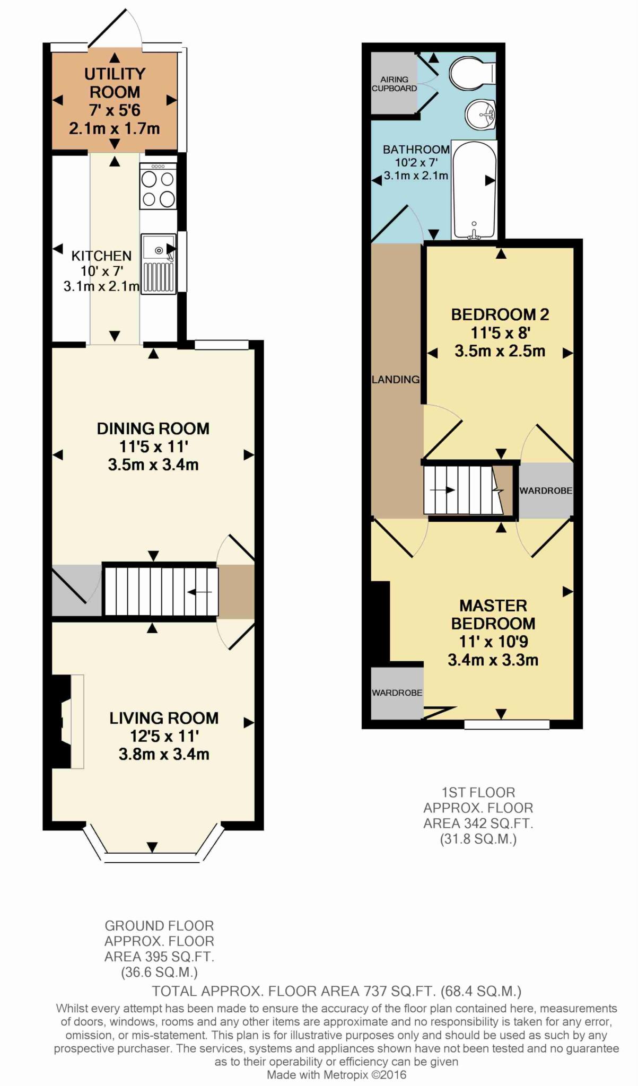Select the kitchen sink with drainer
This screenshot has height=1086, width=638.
pos(159,263)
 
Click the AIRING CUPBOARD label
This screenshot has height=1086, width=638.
pos(394,84)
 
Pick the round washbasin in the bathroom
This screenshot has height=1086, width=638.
pos(480,114)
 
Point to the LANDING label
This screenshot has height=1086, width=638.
pos(396,380)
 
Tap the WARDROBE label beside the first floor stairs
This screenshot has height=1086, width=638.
pos(546,491)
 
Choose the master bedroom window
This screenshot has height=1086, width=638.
pos(507,724)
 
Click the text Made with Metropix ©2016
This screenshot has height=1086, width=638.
pos(336,1075)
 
